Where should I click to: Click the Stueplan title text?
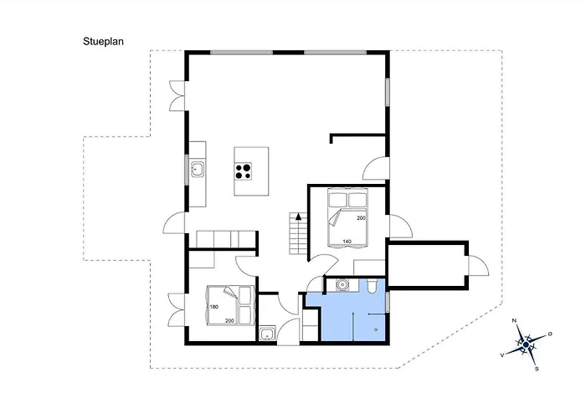click(103, 42)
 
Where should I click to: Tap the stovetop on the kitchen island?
click(243, 171)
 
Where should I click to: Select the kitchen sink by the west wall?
click(197, 170)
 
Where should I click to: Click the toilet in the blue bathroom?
click(373, 286)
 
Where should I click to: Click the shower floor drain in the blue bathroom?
click(376, 329)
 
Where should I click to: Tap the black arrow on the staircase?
click(298, 217)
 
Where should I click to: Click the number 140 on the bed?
click(347, 242)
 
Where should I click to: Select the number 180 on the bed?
click(213, 307)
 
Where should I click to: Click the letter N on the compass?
click(514, 320)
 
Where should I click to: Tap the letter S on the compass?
click(537, 370)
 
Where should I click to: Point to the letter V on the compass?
click(502, 355)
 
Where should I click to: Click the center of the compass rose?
click(526, 344)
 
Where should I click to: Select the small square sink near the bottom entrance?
click(267, 334)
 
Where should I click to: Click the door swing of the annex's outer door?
click(479, 265)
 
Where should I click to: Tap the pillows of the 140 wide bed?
click(347, 200)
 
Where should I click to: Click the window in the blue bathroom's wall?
click(388, 303)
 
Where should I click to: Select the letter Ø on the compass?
click(550, 334)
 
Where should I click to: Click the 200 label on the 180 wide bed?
click(229, 321)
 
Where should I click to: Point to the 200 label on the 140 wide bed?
click(361, 218)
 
